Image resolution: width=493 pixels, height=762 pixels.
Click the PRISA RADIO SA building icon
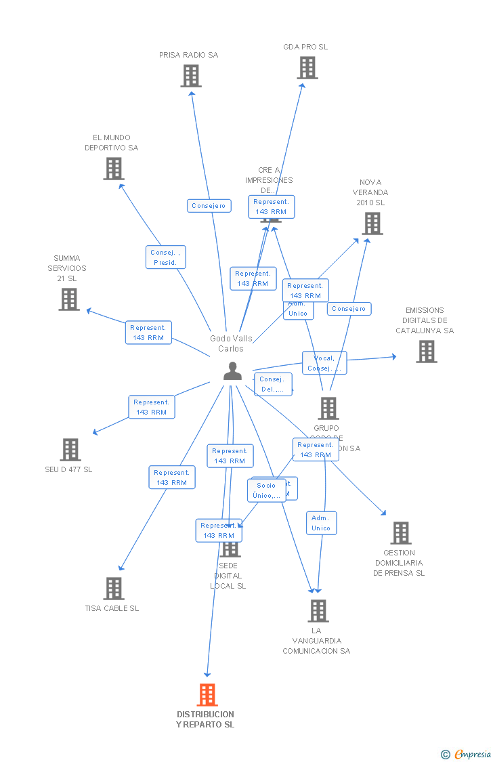pos(191,76)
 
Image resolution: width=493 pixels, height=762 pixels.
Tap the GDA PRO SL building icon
pos(307,68)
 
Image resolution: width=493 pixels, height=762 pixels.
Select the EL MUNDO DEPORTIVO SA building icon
pos(114,169)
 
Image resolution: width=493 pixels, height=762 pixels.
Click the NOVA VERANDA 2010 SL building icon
pos(372,224)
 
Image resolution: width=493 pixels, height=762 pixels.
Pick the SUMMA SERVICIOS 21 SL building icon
pos(69,299)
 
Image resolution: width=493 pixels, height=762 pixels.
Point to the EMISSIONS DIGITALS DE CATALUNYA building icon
pos(426,352)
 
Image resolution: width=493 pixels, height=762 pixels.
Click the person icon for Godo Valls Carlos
pos(232,371)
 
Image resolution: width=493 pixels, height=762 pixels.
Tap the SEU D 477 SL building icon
pos(70,450)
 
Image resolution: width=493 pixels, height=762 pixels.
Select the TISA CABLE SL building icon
pos(114,589)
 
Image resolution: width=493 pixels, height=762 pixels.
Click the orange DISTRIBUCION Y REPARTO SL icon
pos(207,695)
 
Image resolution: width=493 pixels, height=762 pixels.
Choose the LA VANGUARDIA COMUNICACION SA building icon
pos(318,611)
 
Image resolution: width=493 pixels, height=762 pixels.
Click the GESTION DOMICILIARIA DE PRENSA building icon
pos(401,533)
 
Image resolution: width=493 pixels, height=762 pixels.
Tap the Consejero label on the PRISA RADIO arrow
pos(209,206)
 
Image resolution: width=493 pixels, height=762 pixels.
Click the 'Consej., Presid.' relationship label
pos(165,257)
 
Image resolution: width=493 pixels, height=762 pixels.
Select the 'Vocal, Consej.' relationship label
pos(324,363)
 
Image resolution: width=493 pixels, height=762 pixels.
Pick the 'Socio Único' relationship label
pos(267,490)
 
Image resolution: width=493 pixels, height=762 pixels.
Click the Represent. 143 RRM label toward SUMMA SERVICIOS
pos(148,333)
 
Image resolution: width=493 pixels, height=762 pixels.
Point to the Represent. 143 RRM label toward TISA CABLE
pos(172,478)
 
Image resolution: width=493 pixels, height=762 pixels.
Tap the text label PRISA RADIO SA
pos(189,55)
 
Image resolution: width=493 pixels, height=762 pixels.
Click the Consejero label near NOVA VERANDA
pos(349,309)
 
